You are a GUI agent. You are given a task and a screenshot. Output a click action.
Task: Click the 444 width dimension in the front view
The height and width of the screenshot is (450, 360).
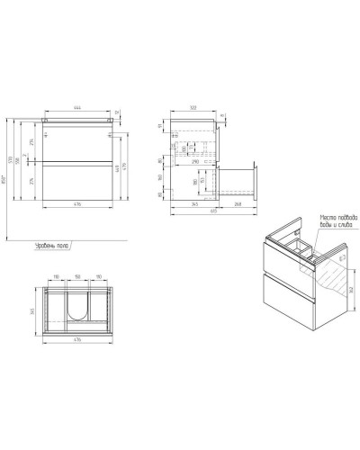[79, 107]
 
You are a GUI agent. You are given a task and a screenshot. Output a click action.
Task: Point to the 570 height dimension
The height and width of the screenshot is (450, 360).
[18, 160]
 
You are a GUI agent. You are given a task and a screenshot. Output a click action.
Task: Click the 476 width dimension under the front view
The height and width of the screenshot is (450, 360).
[79, 204]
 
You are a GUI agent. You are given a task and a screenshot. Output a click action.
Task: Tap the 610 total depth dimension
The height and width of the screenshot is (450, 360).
[214, 210]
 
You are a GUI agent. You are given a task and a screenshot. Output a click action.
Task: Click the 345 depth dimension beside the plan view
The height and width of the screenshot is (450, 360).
[33, 310]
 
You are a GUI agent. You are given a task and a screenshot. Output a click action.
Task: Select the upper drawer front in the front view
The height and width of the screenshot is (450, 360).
[79, 144]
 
